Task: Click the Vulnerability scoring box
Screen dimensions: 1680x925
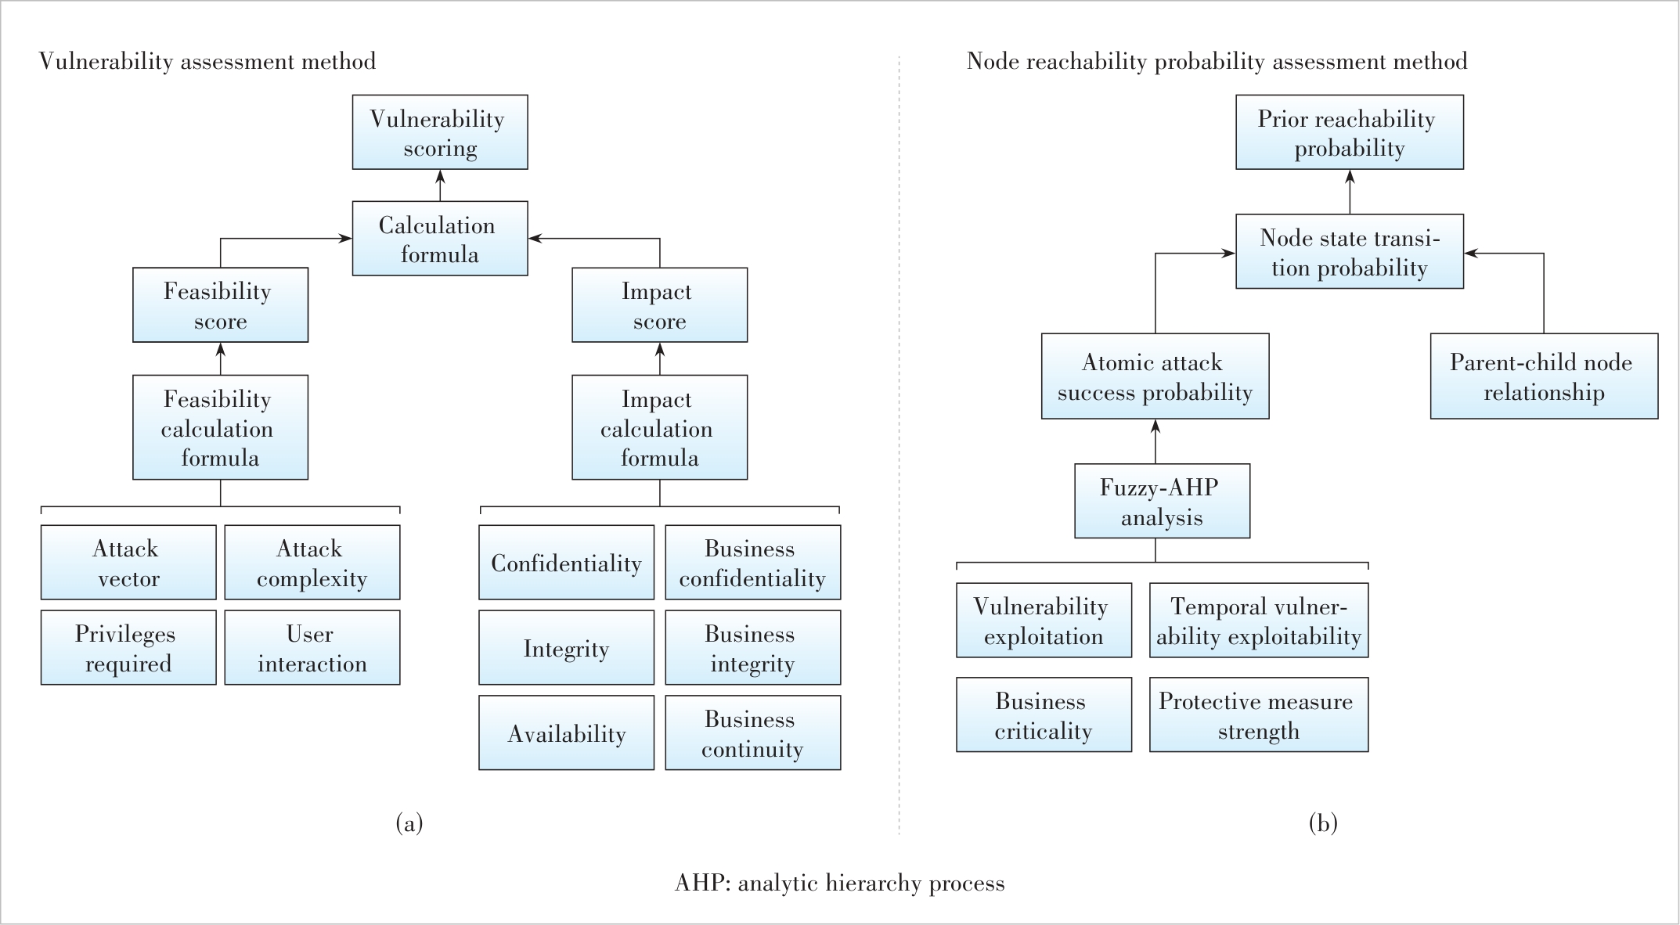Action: click(x=440, y=132)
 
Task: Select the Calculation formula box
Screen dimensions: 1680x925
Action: click(x=440, y=239)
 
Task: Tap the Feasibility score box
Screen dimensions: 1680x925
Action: click(x=220, y=305)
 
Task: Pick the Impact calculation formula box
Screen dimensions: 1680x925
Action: click(x=660, y=427)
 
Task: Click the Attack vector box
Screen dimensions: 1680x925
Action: click(x=128, y=563)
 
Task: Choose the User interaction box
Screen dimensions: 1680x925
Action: click(x=312, y=648)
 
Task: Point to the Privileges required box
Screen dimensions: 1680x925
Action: click(x=128, y=648)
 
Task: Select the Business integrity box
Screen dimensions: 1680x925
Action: click(x=753, y=648)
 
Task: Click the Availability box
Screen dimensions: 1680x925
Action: click(x=567, y=733)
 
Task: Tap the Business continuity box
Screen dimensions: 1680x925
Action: click(x=753, y=733)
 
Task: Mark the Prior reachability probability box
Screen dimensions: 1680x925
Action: click(x=1350, y=132)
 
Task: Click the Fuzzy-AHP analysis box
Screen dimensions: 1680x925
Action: click(x=1163, y=502)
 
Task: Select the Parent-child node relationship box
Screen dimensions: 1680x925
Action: click(x=1545, y=376)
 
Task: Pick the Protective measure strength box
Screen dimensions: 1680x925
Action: click(x=1259, y=715)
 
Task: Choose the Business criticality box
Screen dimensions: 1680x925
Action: click(x=1044, y=715)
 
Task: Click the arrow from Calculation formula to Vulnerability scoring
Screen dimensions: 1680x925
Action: click(x=440, y=185)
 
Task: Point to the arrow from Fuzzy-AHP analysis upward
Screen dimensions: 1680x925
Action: click(x=1155, y=441)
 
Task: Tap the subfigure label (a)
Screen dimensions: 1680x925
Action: click(x=409, y=823)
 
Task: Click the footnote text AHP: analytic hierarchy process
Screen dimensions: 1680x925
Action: click(x=840, y=884)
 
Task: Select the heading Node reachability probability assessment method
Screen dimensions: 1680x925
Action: click(x=1217, y=61)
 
